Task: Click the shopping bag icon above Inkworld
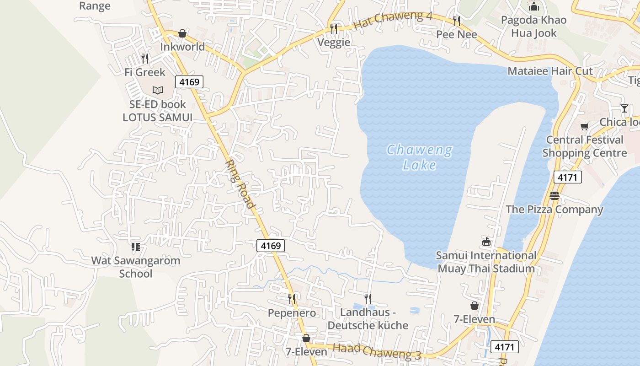182,33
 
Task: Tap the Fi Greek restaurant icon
145,59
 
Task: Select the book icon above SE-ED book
158,90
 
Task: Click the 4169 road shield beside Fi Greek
189,82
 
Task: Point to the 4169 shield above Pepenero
270,246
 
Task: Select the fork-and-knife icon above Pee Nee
456,21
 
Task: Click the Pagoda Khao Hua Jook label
533,27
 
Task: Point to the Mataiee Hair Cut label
550,71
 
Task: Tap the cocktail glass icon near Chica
624,108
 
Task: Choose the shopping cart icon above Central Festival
584,126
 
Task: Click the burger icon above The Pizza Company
555,196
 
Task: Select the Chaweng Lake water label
420,157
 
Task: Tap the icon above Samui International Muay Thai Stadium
486,242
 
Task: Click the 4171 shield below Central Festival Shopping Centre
567,177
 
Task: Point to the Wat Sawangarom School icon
136,247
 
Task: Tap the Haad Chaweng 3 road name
377,351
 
